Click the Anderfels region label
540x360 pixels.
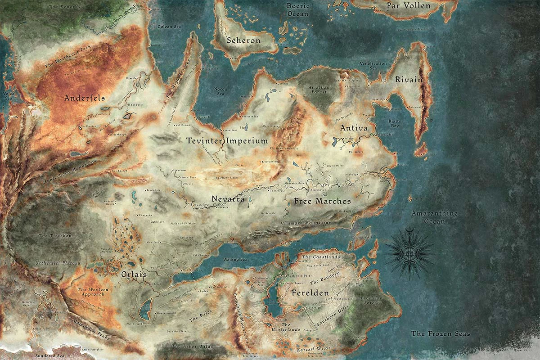tap(85, 98)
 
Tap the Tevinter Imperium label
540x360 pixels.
tap(227, 141)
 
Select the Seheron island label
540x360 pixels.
tap(243, 40)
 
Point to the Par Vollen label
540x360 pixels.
tap(408, 6)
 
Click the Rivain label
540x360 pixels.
tap(409, 80)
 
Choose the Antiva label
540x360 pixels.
tap(354, 128)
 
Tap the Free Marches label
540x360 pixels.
tap(322, 201)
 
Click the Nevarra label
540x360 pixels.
tap(228, 198)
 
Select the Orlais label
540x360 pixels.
tap(134, 274)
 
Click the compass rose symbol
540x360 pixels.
tap(409, 252)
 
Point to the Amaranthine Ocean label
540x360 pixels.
tap(434, 217)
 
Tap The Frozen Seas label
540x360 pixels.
tap(441, 333)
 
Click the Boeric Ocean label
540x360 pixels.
tap(298, 9)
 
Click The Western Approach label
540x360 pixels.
tap(91, 292)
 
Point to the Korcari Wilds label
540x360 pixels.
tap(314, 349)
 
